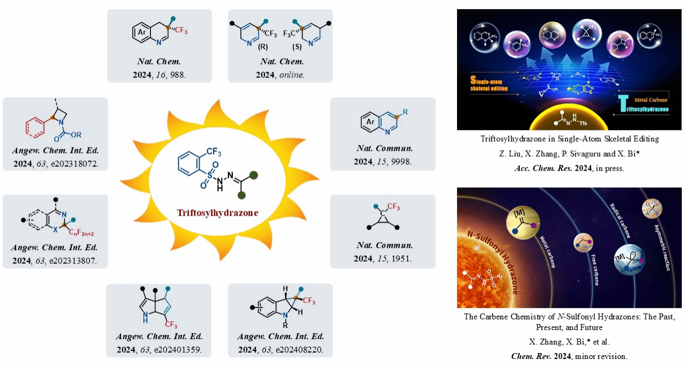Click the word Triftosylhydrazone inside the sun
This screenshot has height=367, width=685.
click(x=218, y=212)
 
